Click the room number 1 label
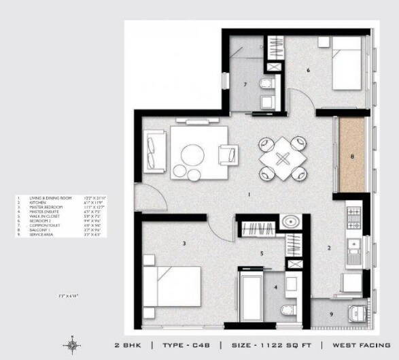(x=249, y=195)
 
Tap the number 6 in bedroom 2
(x=308, y=70)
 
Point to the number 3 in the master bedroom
(x=184, y=242)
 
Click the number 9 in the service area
(x=332, y=314)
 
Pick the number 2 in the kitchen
(x=329, y=248)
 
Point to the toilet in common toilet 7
(x=266, y=86)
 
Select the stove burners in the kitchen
(x=353, y=218)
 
